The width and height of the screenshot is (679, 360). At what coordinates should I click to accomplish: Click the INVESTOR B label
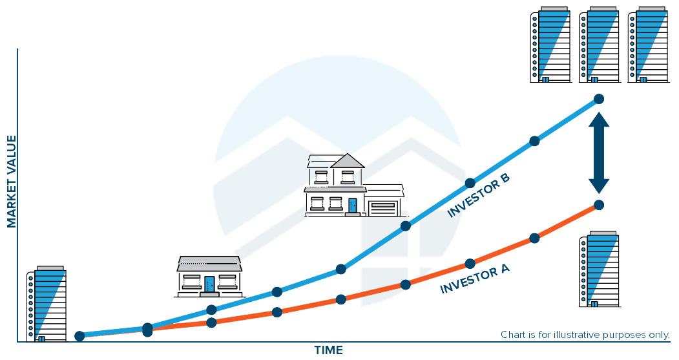pyautogui.click(x=478, y=195)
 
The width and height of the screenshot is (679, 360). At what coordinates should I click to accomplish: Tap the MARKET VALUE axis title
pyautogui.click(x=11, y=181)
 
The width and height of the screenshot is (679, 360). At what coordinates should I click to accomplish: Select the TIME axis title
pyautogui.click(x=329, y=350)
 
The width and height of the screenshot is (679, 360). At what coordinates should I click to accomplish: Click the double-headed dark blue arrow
pyautogui.click(x=598, y=153)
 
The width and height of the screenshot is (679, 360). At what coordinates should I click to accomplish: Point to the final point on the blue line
pyautogui.click(x=599, y=99)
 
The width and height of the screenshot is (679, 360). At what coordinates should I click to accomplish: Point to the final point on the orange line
pyautogui.click(x=599, y=205)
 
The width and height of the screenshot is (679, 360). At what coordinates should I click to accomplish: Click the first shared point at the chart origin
pyautogui.click(x=79, y=336)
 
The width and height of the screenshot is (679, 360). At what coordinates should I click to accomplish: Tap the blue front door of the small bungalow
pyautogui.click(x=209, y=284)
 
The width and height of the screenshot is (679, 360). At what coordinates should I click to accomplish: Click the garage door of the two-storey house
pyautogui.click(x=383, y=208)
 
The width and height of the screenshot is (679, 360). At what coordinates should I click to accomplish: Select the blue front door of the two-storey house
pyautogui.click(x=353, y=206)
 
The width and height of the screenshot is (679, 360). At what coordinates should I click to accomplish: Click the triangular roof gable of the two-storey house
pyautogui.click(x=348, y=161)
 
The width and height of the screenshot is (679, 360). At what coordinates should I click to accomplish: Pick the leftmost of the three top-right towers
pyautogui.click(x=550, y=45)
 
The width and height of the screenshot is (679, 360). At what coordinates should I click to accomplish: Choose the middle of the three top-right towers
pyautogui.click(x=600, y=45)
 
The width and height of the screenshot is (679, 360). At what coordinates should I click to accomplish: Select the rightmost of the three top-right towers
pyautogui.click(x=648, y=45)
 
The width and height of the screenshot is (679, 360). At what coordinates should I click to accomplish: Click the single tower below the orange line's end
pyautogui.click(x=600, y=269)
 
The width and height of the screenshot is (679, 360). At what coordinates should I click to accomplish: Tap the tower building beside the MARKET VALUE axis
pyautogui.click(x=47, y=304)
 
